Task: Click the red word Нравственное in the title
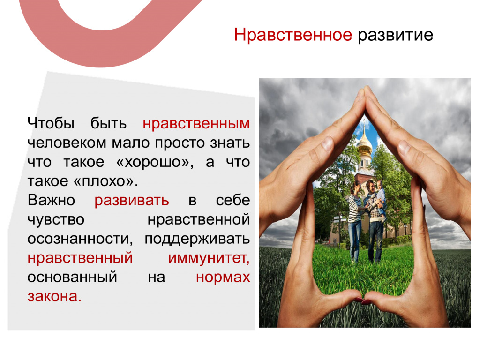click(x=293, y=35)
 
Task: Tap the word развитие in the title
click(x=396, y=35)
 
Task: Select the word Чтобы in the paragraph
click(x=51, y=123)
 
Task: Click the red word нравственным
click(x=196, y=124)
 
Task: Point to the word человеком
click(x=67, y=143)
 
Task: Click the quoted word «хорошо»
click(x=155, y=162)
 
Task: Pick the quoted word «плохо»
click(x=105, y=181)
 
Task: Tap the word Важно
click(x=51, y=200)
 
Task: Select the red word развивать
click(x=132, y=201)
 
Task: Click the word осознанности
click(x=80, y=239)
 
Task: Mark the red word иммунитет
click(x=209, y=258)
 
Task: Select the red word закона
click(x=54, y=296)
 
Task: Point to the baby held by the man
click(x=381, y=199)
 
